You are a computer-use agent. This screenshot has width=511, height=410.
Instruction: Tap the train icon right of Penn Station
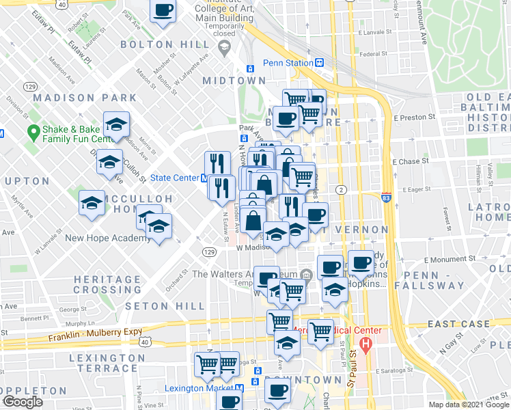(x=319, y=62)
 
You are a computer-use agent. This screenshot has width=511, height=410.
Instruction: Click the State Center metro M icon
(x=204, y=178)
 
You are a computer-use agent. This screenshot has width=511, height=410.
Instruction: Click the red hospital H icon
(x=367, y=344)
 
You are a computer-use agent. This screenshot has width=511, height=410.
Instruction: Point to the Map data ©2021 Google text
(x=468, y=405)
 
